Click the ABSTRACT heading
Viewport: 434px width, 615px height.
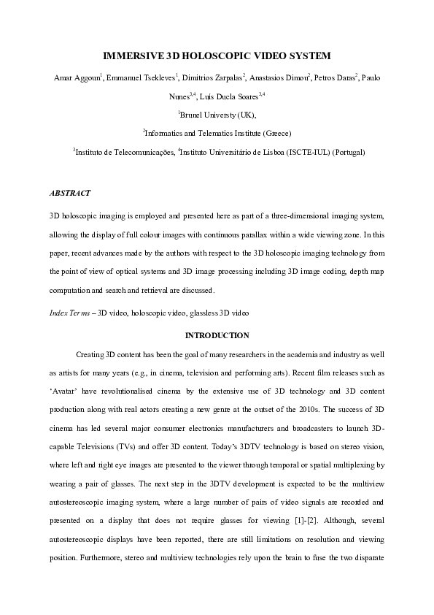[x=70, y=194]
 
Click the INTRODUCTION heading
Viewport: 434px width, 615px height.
[x=217, y=336]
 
